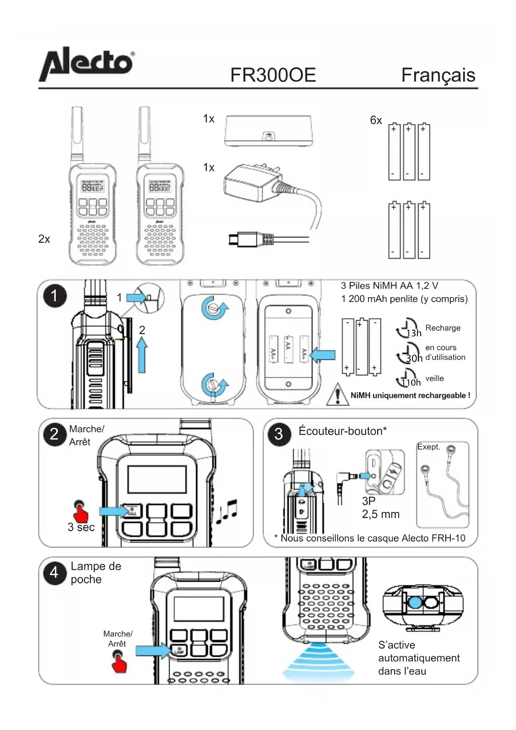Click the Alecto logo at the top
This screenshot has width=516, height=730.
pyautogui.click(x=86, y=65)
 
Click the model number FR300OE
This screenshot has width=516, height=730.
pyautogui.click(x=273, y=75)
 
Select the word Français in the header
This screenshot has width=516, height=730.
pyautogui.click(x=438, y=75)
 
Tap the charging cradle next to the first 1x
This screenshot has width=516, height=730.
pyautogui.click(x=268, y=131)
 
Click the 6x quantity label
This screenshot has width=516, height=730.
pyautogui.click(x=376, y=120)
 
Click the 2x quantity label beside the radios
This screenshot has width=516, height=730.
pyautogui.click(x=44, y=239)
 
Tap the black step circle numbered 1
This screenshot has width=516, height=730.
pyautogui.click(x=54, y=296)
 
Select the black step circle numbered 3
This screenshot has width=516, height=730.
pyautogui.click(x=279, y=434)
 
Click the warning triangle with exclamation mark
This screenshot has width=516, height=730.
pyautogui.click(x=338, y=395)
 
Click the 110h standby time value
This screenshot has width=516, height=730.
pyautogui.click(x=411, y=382)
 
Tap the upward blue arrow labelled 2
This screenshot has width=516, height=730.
pyautogui.click(x=142, y=355)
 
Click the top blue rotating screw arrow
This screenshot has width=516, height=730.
pyautogui.click(x=215, y=308)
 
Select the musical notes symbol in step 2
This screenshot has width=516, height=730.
pyautogui.click(x=227, y=512)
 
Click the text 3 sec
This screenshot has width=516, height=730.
pyautogui.click(x=81, y=527)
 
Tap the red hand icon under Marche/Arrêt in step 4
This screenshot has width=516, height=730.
pyautogui.click(x=119, y=663)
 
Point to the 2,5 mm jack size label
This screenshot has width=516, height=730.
pyautogui.click(x=380, y=514)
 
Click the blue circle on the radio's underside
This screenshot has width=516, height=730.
pyautogui.click(x=415, y=602)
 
